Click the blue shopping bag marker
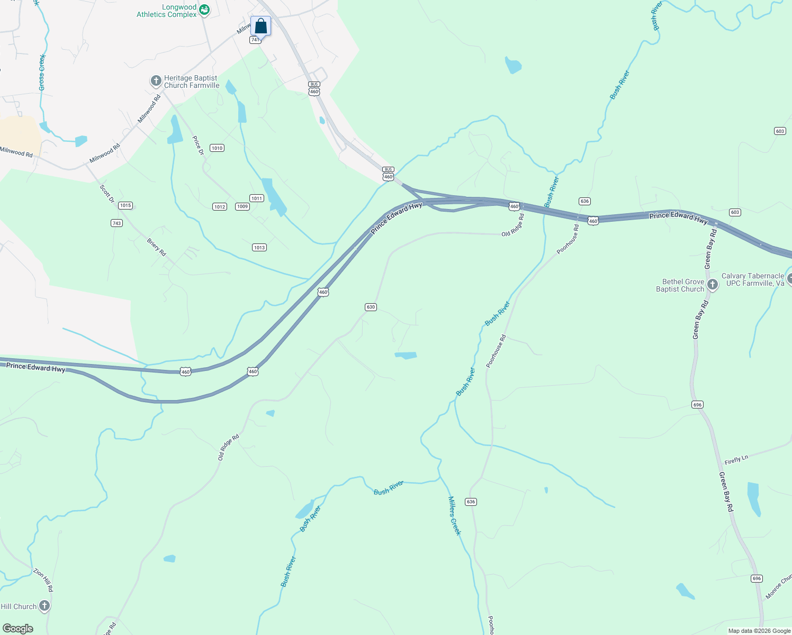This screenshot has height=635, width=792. point(260,26)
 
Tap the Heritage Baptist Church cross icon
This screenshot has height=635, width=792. point(156,81)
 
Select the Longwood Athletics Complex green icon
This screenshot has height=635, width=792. point(204,10)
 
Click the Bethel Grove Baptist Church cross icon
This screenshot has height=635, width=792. point(712,285)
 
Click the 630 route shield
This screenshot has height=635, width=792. point(371,307)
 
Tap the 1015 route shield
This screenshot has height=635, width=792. point(125,205)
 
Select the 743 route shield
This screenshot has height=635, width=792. point(117,223)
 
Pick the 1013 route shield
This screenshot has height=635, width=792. point(259,248)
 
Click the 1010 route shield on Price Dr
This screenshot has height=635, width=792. point(217,148)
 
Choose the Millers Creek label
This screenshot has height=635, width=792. point(454,515)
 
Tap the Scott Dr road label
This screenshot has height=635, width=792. point(107,193)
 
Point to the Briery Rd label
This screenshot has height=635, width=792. point(157,247)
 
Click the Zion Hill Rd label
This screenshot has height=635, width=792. point(43,580)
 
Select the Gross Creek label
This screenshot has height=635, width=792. point(42,72)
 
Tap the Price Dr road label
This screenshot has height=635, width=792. point(198,146)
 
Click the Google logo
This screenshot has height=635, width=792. point(18,629)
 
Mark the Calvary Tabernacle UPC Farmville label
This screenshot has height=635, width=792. point(752,279)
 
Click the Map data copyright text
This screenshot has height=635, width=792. point(759,631)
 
